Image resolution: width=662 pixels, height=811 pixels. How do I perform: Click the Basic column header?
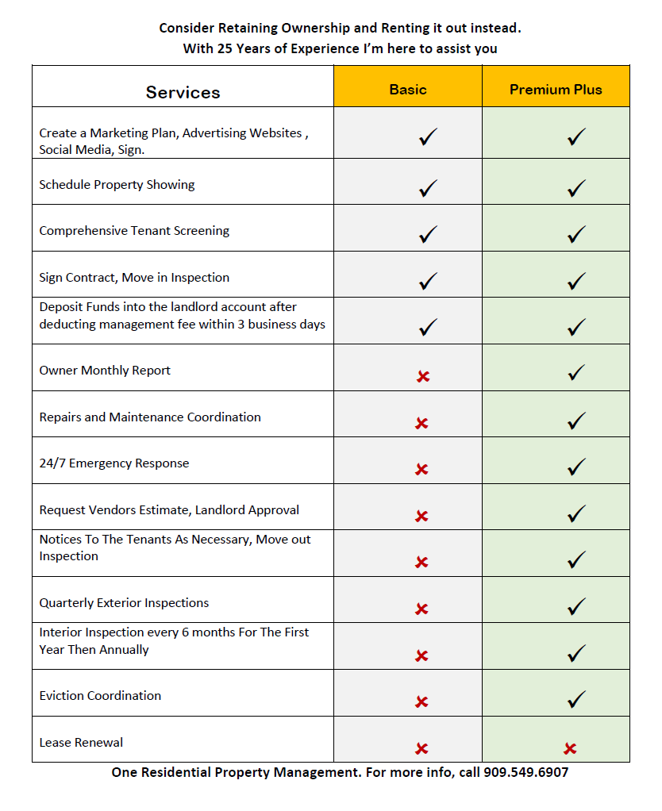point(408,90)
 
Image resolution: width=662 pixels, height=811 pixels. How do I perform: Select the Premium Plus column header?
point(556,90)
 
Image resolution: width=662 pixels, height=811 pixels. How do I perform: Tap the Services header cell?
point(183,92)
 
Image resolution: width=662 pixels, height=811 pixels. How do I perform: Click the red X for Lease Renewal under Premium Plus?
point(569,748)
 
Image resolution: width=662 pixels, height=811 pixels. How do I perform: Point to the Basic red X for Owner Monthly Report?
point(422,376)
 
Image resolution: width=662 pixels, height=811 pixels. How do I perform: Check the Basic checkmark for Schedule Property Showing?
point(428,188)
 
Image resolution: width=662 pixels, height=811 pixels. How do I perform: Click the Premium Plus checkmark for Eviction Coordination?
point(577,699)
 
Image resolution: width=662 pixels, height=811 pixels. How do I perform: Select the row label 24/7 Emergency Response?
point(114,463)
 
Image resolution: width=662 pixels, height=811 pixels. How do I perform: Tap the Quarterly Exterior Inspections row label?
point(124,603)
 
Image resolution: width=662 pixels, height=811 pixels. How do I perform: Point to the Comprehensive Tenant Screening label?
point(134,231)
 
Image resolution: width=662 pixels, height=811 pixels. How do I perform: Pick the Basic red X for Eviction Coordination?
point(422,702)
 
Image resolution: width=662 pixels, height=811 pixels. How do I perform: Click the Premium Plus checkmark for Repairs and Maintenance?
point(577,421)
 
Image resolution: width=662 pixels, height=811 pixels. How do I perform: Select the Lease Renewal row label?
point(81,743)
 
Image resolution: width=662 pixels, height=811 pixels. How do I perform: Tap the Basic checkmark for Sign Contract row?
point(428,281)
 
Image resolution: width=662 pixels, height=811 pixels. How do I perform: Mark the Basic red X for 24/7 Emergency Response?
point(422,469)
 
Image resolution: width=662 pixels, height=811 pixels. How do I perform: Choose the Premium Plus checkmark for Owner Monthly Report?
point(577,372)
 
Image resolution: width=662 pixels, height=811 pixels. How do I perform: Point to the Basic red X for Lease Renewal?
point(422,748)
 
